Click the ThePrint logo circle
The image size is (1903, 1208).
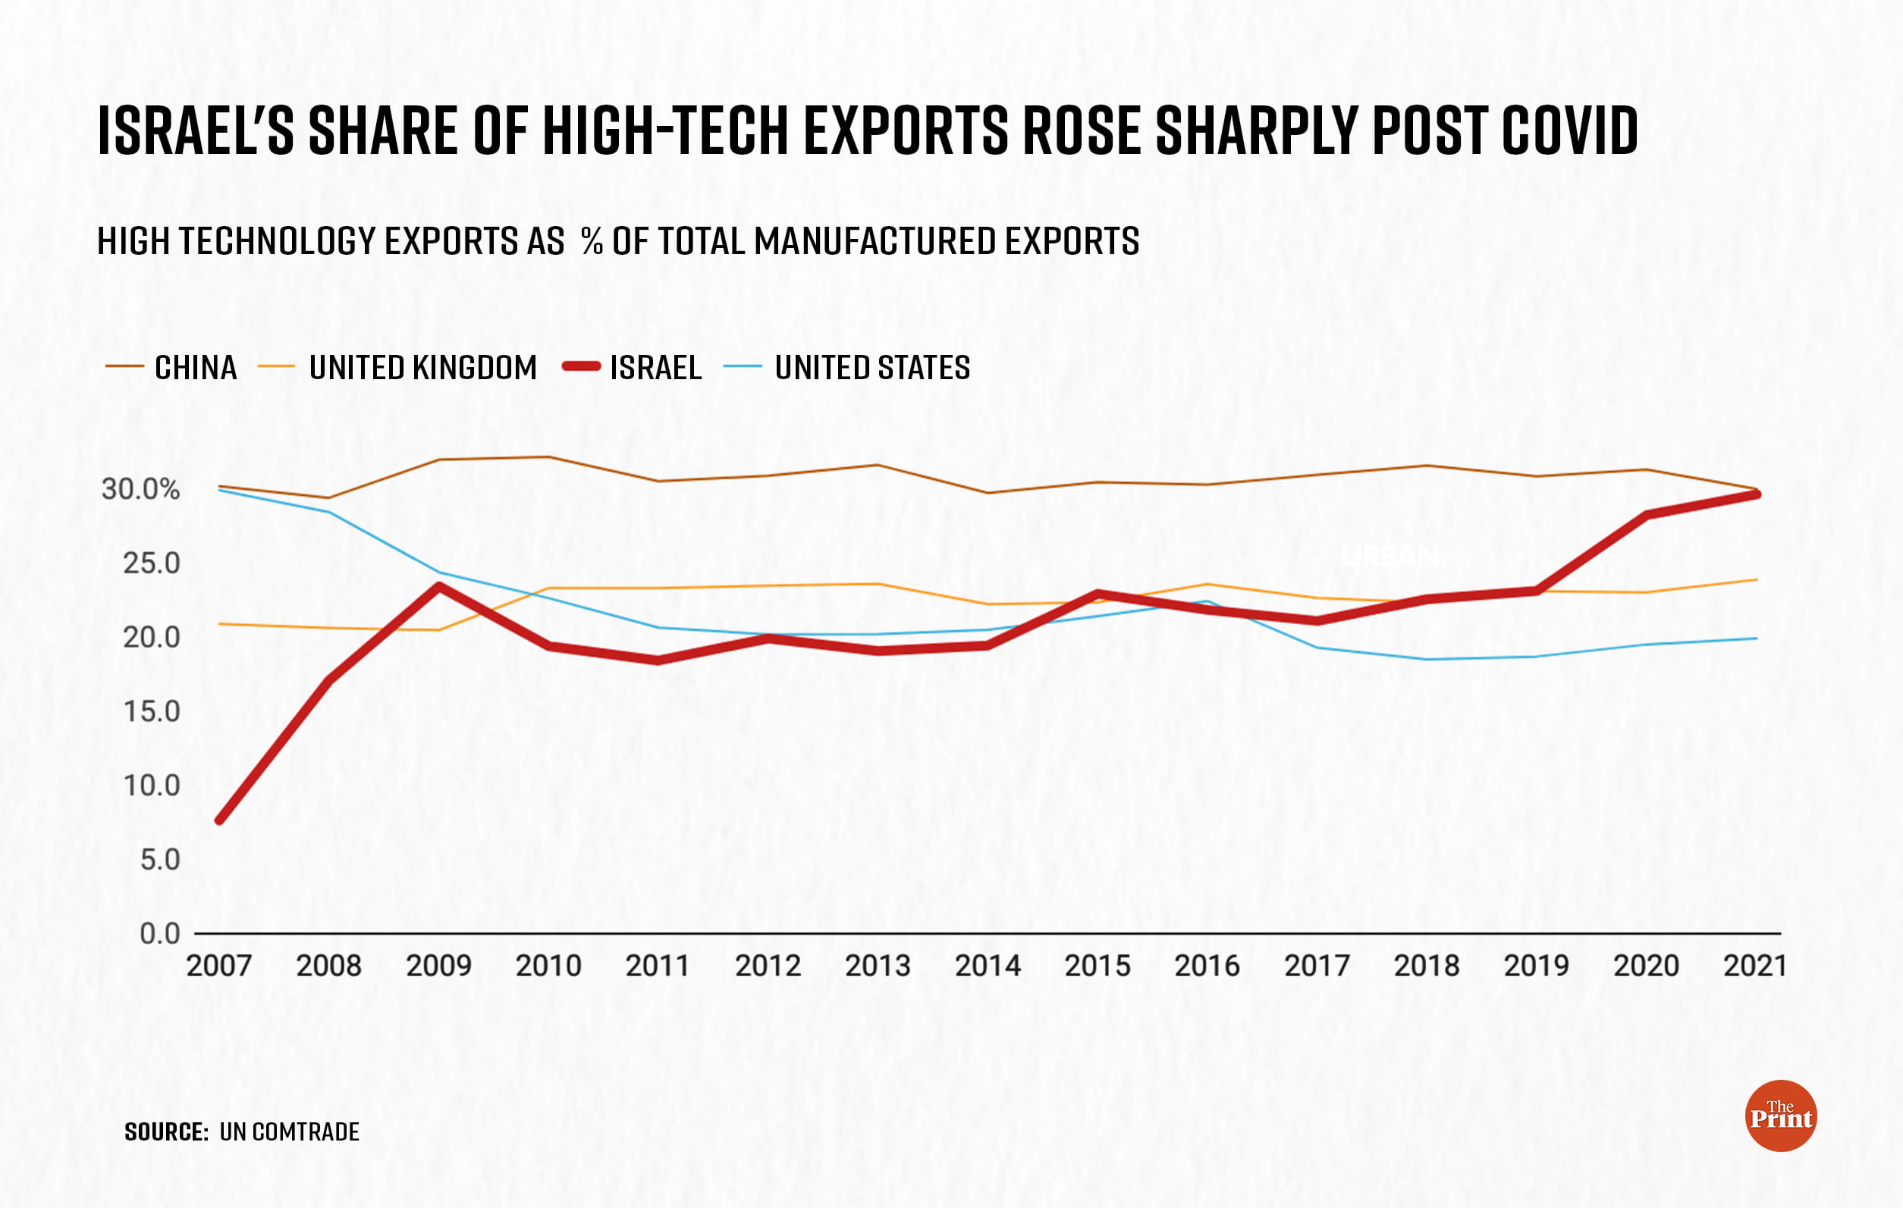1780,1115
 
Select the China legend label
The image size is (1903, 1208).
195,367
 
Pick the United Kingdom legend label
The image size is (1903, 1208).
422,367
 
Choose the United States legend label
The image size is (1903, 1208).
871,367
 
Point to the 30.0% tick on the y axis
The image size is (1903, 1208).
140,489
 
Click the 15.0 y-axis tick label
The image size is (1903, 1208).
152,711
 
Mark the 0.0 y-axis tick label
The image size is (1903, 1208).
159,933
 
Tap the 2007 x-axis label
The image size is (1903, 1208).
219,965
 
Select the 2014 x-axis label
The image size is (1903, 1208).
987,965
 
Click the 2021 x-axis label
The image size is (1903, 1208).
1754,965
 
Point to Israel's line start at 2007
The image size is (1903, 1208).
220,820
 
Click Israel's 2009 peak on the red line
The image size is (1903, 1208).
438,586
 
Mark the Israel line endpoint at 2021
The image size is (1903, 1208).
1755,494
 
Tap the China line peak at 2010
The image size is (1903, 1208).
548,457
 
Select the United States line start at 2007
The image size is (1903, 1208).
220,490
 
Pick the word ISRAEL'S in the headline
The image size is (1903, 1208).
195,130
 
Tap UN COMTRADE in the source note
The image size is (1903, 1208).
289,1131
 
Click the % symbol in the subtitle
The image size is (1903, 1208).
592,241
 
